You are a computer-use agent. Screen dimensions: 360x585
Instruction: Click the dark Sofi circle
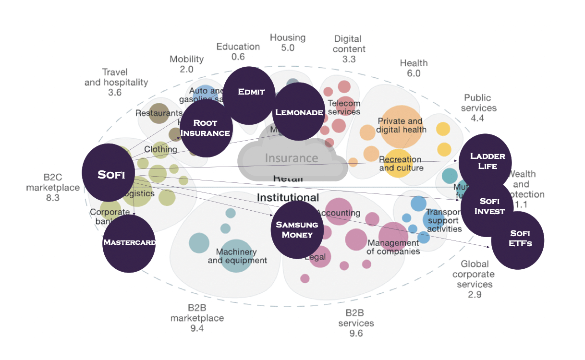pos(110,174)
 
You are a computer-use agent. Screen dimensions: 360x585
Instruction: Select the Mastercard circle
pos(129,243)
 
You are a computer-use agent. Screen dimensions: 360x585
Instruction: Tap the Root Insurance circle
pos(206,128)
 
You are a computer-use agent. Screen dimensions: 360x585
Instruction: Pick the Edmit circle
pos(250,92)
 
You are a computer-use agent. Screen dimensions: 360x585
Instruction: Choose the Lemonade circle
pos(298,112)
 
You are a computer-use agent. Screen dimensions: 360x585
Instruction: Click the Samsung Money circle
pos(296,229)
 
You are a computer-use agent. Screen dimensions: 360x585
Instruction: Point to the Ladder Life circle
pos(485,161)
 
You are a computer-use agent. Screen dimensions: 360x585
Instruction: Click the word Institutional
pos(288,197)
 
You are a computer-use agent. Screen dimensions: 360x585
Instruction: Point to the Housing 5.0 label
pos(288,43)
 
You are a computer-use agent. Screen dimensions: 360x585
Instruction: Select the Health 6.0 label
pos(414,68)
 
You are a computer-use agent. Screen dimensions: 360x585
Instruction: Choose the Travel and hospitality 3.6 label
pos(116,82)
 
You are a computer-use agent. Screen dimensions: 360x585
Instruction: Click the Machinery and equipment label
pos(237,256)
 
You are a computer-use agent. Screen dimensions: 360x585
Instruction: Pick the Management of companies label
pos(394,247)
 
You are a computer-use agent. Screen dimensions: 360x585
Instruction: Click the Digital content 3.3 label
pos(349,49)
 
